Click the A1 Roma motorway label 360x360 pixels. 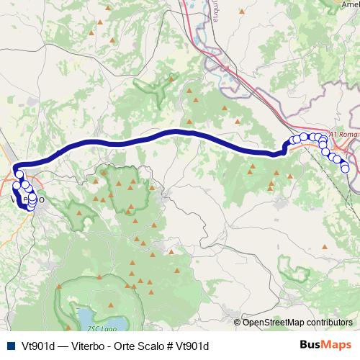(x=339, y=134)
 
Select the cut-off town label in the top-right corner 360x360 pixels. (x=350, y=4)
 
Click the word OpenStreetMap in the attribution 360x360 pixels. (x=273, y=322)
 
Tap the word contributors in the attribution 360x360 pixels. (x=329, y=322)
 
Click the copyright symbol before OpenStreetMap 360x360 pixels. (x=238, y=322)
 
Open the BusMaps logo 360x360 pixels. (x=325, y=346)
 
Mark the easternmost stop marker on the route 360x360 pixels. (x=346, y=168)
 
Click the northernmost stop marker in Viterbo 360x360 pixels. (x=19, y=174)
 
